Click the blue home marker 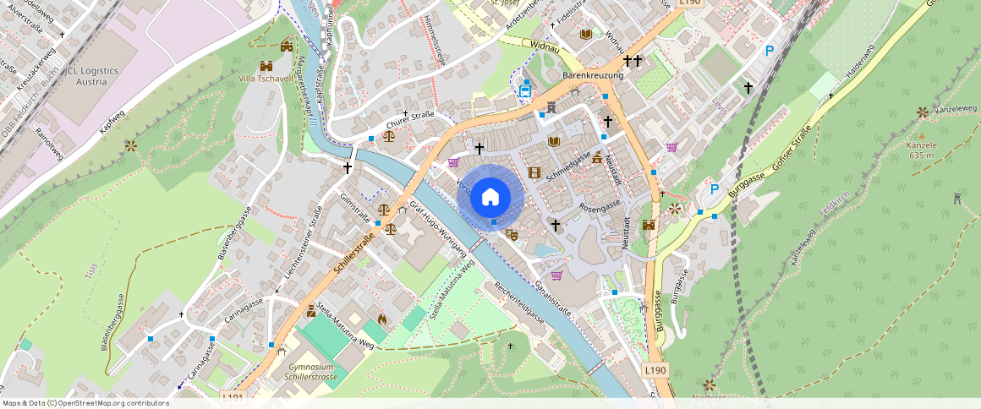pos(490,197)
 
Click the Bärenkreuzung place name pos(592,75)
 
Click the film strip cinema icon pos(534,172)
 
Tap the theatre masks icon pos(511,233)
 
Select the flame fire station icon pos(381,319)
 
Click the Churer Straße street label pos(411,120)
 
